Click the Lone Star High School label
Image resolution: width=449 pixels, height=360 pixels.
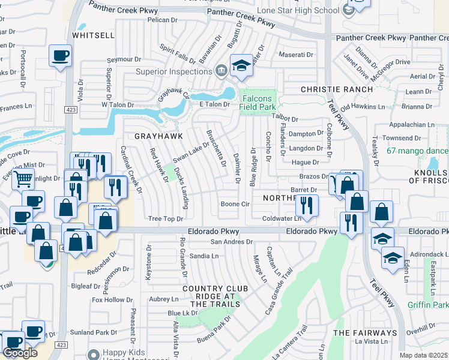point(298,11)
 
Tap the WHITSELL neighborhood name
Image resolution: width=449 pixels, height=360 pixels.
point(93,35)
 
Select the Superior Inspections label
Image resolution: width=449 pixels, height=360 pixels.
point(173,71)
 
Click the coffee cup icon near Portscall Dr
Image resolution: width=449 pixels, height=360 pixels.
point(60,56)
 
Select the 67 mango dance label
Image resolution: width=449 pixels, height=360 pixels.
point(417,151)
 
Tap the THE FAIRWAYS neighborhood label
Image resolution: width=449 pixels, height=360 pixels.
point(365,332)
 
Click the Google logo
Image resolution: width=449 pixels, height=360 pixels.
point(20,353)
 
